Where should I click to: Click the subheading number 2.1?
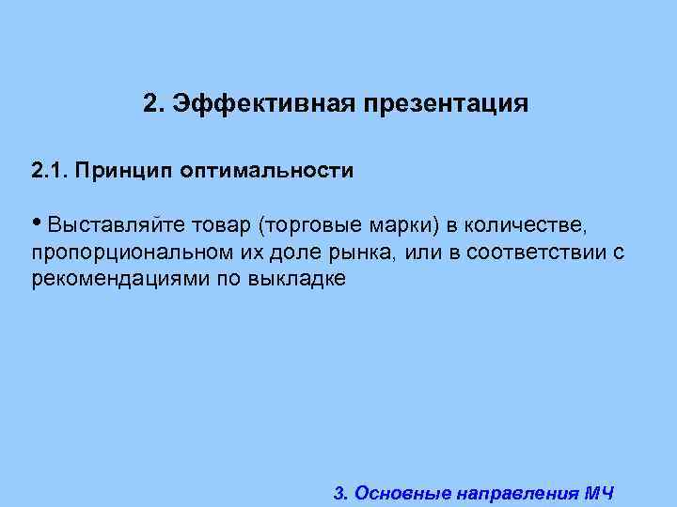click(x=47, y=171)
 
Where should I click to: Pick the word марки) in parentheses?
click(x=400, y=226)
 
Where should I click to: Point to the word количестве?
click(x=528, y=226)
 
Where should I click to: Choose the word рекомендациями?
click(x=112, y=281)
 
